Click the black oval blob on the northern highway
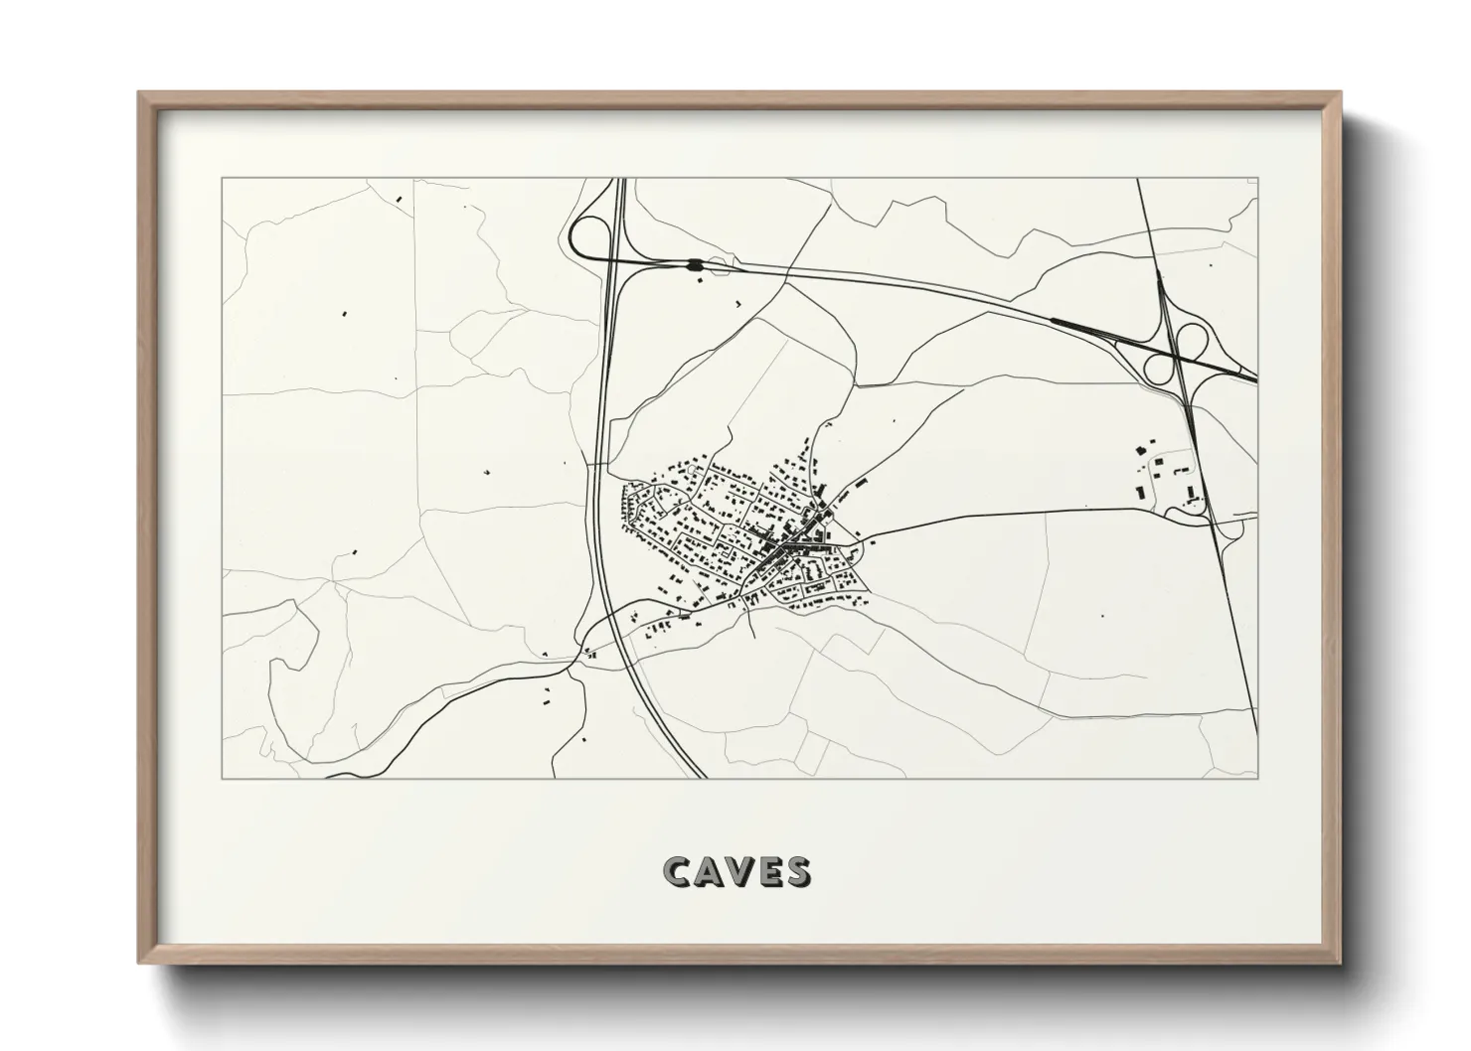point(694,264)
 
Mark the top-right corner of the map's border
point(1257,178)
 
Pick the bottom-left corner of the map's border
point(222,779)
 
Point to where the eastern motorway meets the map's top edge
point(1138,179)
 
